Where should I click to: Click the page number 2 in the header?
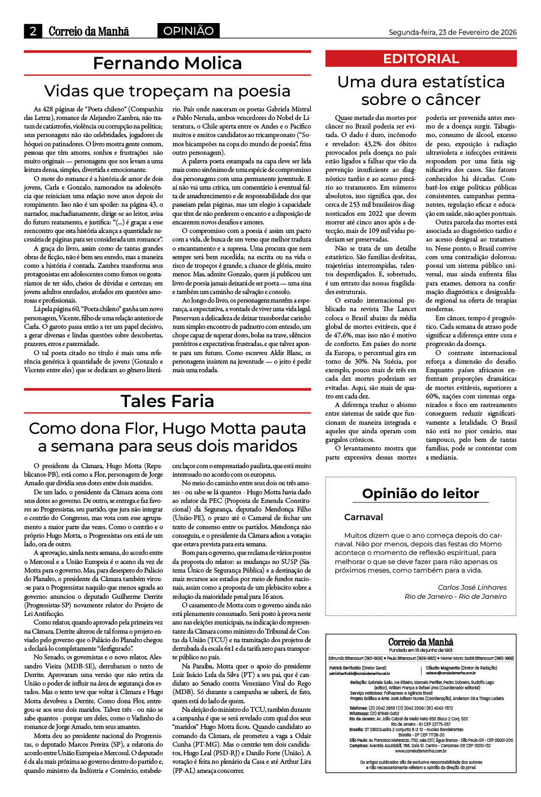pos(33,31)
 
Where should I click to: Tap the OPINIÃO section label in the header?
pos(188,31)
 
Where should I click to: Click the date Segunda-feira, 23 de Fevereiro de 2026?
pos(453,32)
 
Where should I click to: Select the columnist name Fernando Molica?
pos(167,63)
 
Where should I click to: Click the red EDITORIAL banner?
pos(421,59)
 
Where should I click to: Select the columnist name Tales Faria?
pos(167,401)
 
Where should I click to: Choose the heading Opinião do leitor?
pos(420,493)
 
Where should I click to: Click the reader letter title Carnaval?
pos(364,517)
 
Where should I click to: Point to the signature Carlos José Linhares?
pos(472,587)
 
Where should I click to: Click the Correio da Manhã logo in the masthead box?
pos(420,642)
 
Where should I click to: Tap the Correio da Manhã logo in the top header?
pos(89,31)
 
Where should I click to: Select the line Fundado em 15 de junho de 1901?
pos(420,650)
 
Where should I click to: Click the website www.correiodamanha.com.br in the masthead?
pos(420,751)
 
